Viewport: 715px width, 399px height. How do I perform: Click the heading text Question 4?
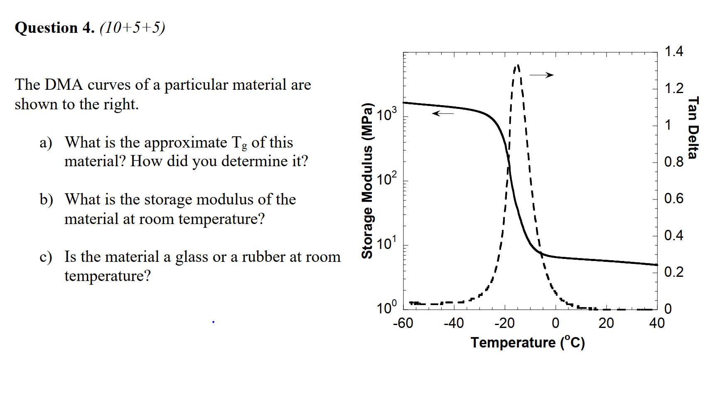point(54,28)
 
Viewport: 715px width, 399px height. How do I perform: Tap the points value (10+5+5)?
point(133,28)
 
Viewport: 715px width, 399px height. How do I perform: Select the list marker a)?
point(46,143)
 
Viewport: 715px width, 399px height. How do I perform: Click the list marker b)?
point(46,200)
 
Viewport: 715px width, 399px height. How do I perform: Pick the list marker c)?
point(46,257)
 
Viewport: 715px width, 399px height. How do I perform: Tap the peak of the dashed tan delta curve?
point(517,66)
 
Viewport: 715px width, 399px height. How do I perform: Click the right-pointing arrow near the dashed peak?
point(542,75)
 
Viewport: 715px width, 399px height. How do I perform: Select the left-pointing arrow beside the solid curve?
point(443,113)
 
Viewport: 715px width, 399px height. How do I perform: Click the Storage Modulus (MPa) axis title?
point(367,181)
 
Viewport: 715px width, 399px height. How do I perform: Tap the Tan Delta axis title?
point(693,128)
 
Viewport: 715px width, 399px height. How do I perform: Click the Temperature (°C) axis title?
point(528,342)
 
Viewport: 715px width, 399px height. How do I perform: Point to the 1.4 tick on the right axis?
point(673,52)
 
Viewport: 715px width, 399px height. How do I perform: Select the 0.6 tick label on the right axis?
point(673,199)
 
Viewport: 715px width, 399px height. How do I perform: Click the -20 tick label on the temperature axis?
point(504,323)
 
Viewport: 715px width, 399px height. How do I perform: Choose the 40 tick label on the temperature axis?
point(657,323)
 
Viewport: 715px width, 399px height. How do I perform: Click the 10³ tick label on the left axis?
point(387,114)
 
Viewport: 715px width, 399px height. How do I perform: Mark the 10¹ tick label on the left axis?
point(387,243)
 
